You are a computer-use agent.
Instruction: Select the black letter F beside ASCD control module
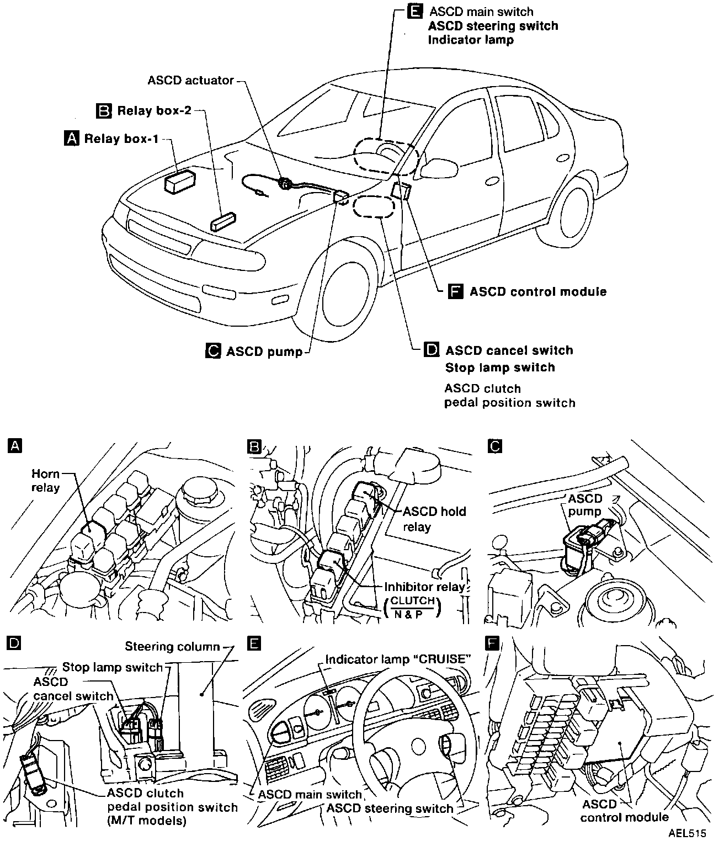(455, 291)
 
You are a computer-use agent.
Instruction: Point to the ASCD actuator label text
(191, 80)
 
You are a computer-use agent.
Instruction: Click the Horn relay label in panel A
(45, 480)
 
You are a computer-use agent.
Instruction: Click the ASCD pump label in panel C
(585, 504)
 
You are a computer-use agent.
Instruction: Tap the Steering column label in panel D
(172, 646)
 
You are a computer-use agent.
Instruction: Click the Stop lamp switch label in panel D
(113, 667)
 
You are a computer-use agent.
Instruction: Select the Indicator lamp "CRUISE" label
(398, 659)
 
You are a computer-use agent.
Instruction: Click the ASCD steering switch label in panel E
(390, 808)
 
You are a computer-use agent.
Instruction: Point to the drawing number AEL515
(688, 832)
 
